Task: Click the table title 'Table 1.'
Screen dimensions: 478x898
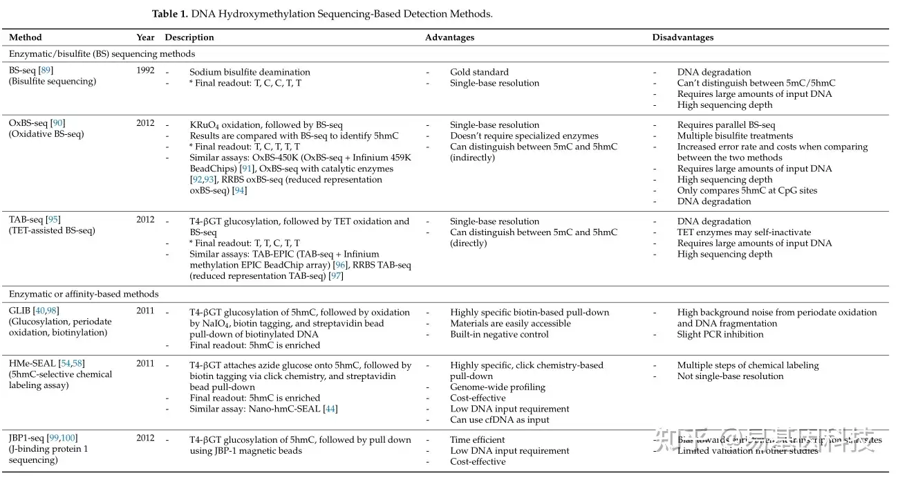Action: pos(170,14)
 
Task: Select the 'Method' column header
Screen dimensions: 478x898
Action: pos(26,37)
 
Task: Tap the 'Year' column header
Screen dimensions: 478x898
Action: pos(145,37)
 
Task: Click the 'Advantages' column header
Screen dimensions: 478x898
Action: pos(449,37)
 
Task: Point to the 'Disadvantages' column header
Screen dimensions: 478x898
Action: pos(683,37)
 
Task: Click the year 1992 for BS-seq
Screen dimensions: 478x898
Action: pos(145,71)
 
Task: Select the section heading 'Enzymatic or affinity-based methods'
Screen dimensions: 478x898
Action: pos(84,294)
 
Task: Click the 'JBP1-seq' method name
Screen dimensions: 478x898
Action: pos(26,439)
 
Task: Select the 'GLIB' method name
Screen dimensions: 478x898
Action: pos(19,311)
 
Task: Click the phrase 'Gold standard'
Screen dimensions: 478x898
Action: pos(479,72)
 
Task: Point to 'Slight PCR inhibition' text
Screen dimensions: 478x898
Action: pos(720,335)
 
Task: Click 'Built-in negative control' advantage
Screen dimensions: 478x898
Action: pos(499,335)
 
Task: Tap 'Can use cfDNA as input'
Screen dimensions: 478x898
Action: pos(500,420)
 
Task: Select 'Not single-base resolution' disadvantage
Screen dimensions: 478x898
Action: pos(730,376)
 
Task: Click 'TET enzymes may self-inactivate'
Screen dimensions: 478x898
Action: pos(744,232)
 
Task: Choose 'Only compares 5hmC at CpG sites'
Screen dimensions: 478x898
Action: pos(747,190)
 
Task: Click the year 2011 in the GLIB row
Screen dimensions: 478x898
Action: pos(145,311)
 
